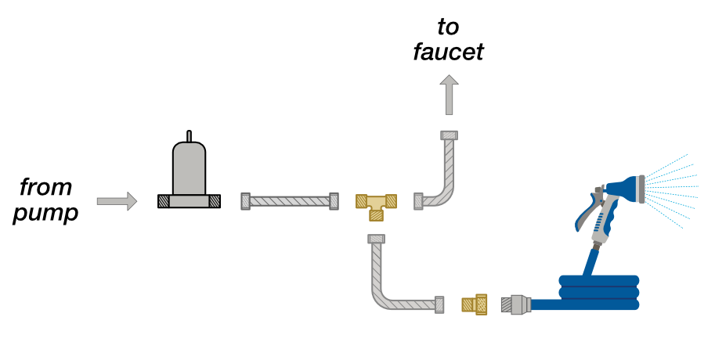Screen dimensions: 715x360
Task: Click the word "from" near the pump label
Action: (45, 187)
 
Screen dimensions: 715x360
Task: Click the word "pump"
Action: (45, 214)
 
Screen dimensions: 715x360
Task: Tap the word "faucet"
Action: (448, 52)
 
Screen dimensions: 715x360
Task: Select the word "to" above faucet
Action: (448, 27)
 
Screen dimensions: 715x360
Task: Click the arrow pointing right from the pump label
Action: (117, 201)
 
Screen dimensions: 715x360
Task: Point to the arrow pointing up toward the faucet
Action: (450, 95)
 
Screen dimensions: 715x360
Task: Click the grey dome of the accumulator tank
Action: (190, 167)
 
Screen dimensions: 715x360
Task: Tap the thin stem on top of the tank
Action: (190, 136)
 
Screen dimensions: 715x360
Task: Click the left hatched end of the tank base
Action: (164, 201)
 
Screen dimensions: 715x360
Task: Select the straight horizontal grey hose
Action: (290, 201)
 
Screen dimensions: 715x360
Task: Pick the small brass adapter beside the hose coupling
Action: (475, 303)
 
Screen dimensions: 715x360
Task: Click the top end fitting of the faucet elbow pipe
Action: (450, 135)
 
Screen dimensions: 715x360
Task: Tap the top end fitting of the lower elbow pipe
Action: (376, 239)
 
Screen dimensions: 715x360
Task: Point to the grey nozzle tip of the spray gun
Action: (641, 189)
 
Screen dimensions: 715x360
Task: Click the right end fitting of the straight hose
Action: (334, 201)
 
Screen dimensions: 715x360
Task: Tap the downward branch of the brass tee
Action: (376, 215)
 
